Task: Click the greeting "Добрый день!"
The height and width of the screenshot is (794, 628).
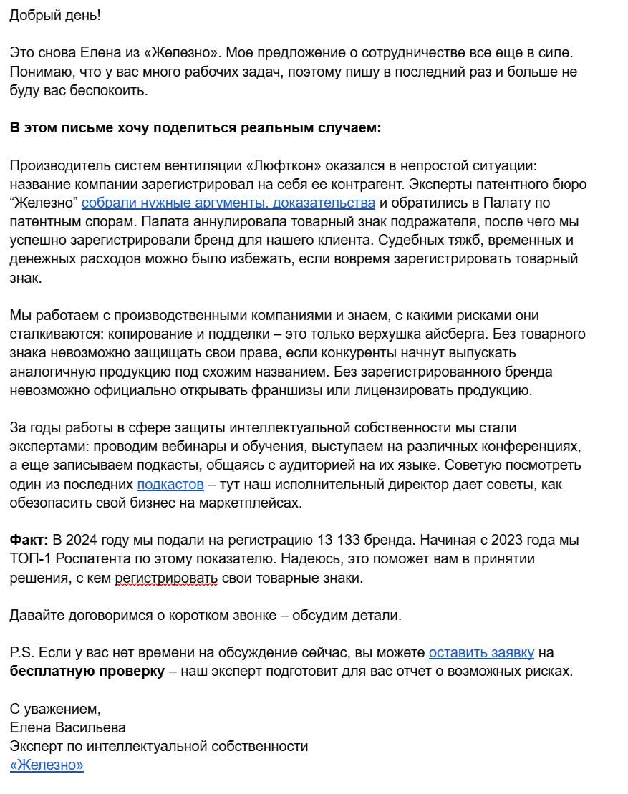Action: click(x=55, y=15)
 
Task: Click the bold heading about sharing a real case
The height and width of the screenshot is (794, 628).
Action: click(x=195, y=128)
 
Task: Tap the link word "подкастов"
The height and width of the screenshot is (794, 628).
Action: click(x=170, y=485)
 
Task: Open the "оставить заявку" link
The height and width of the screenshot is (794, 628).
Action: click(x=481, y=653)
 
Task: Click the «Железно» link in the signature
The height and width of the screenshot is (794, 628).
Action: click(x=47, y=765)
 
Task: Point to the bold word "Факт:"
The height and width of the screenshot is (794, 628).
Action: click(x=29, y=540)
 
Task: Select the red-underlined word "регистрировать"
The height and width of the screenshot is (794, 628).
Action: click(x=165, y=578)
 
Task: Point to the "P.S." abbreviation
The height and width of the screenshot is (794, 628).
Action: click(x=21, y=653)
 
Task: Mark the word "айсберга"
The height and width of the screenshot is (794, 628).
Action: click(x=549, y=334)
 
